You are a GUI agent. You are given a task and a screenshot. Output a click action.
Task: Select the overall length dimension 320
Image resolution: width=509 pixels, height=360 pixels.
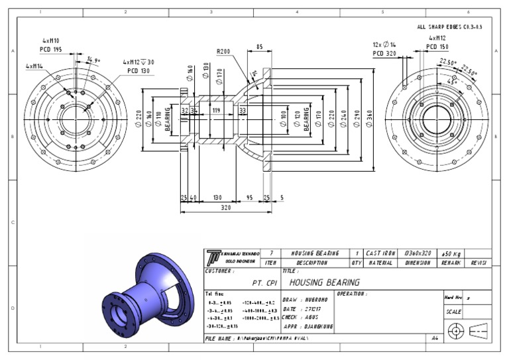point(227,208)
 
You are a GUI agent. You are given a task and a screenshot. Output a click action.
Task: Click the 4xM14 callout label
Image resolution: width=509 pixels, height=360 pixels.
point(35,66)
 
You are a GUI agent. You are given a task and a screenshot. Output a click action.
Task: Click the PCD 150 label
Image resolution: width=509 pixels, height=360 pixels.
point(436,47)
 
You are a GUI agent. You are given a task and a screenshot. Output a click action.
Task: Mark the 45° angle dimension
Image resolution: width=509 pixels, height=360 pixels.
point(453,82)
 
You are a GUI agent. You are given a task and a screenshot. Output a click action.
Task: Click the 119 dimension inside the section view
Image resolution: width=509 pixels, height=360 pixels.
point(215,109)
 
